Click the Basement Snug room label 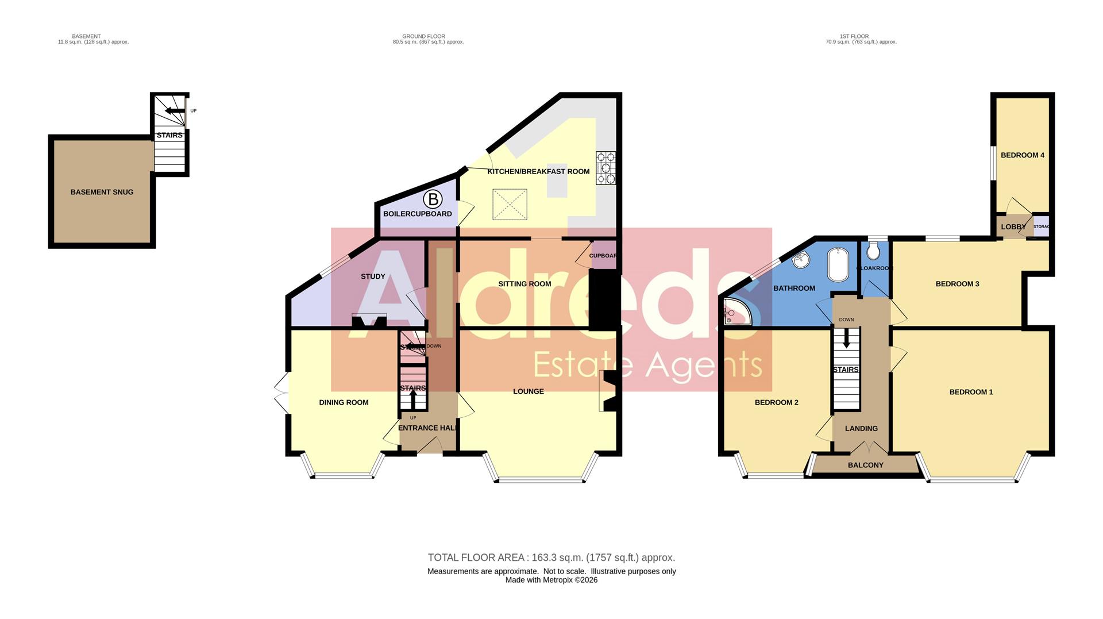tap(102, 192)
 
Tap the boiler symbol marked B tap(433, 199)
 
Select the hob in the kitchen tap(606, 168)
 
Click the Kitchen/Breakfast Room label tap(538, 171)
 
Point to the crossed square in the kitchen tap(510, 204)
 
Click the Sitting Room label tap(524, 283)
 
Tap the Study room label tap(373, 276)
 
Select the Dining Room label tap(344, 402)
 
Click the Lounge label tap(528, 391)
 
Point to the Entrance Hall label tap(428, 428)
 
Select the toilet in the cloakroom tap(873, 251)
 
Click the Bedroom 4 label tap(1022, 155)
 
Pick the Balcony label tap(865, 465)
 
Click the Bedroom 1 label tap(971, 392)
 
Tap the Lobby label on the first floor tap(1013, 227)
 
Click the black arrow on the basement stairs tap(171, 111)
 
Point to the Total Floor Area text tap(551, 558)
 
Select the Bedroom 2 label tap(776, 402)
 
